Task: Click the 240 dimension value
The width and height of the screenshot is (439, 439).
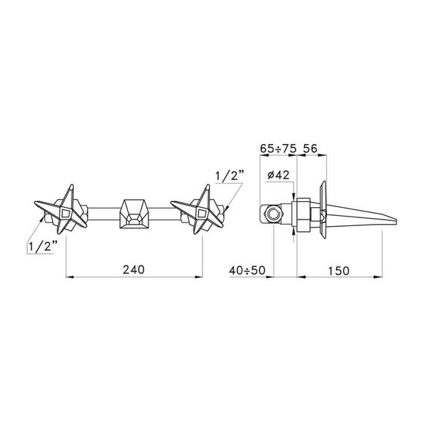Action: [135, 269]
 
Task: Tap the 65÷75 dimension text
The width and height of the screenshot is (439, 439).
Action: [278, 146]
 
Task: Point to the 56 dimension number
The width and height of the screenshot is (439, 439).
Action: [309, 146]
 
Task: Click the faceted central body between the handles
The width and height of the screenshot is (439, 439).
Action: [134, 213]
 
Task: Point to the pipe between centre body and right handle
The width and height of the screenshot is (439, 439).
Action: [167, 214]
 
